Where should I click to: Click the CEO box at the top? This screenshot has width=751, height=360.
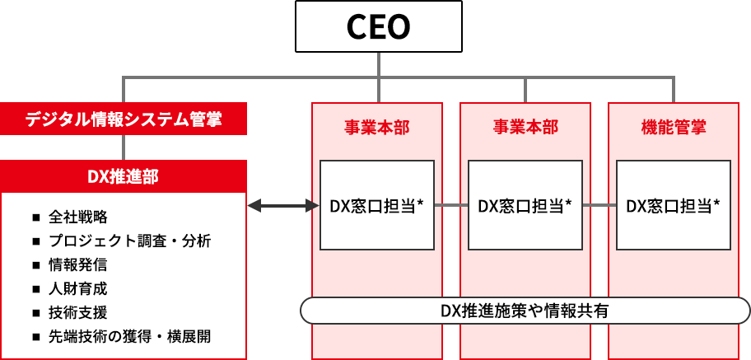coord(377,27)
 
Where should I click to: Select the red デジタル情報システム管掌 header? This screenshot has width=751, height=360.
coord(124,118)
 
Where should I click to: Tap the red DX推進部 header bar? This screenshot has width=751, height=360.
coord(124,175)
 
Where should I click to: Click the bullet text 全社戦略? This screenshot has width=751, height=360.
coord(77,217)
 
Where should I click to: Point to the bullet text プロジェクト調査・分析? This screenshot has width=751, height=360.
coord(129,241)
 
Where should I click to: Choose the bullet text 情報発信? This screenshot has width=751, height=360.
coord(77,265)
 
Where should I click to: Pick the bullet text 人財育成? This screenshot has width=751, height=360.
coord(77,289)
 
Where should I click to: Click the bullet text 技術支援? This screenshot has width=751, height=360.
coord(77,313)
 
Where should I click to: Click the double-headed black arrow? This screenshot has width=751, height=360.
coord(283,205)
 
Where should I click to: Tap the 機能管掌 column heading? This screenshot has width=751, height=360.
coord(674,127)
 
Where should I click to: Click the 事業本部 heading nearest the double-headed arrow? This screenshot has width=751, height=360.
coord(377,127)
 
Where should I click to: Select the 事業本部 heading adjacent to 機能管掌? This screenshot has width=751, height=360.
coord(525,127)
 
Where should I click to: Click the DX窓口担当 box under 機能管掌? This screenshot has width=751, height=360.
coord(674,205)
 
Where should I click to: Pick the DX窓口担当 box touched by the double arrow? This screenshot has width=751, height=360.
coord(377,205)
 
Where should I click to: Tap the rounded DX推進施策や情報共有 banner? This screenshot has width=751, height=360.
coord(525,311)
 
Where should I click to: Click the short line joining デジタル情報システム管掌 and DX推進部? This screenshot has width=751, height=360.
coord(124,147)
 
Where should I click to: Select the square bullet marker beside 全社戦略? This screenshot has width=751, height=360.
coord(36,218)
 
